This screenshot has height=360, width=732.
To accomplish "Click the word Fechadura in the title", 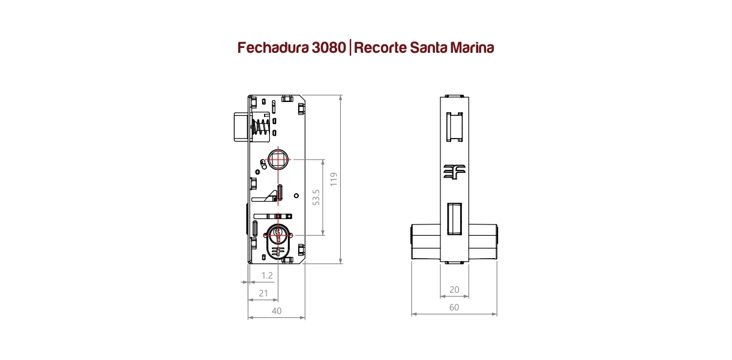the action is tap(273, 47).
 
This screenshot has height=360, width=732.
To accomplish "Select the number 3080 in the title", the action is tap(329, 47).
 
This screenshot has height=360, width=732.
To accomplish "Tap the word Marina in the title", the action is tap(472, 47).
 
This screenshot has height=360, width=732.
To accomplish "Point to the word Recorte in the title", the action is tap(380, 47).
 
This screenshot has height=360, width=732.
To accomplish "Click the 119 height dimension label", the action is tap(334, 179).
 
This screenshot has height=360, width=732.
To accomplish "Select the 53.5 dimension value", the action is tap(316, 197).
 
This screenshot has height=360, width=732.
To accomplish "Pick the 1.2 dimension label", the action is tap(267, 275).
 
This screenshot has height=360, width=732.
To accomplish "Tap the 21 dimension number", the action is tap(263, 293).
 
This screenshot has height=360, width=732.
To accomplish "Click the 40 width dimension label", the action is tap(277, 311).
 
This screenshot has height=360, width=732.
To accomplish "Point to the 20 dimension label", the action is tap(454, 289).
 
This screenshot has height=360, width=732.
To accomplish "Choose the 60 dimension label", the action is tap(454, 307).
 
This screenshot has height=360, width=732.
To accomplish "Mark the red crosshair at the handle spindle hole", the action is tap(278, 160).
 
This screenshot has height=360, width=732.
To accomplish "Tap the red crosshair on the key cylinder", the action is tap(278, 235).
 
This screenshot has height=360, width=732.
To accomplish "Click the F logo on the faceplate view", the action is tap(454, 172).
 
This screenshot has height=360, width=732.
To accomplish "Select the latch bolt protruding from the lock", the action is tap(241, 127).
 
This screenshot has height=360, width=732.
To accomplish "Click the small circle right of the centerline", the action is tap(296, 196).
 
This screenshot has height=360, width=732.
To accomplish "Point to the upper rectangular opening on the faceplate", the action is tap(455, 127).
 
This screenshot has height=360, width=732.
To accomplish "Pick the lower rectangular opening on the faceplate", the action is tap(454, 218).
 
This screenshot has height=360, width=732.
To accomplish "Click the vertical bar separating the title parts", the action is tap(350, 47).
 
